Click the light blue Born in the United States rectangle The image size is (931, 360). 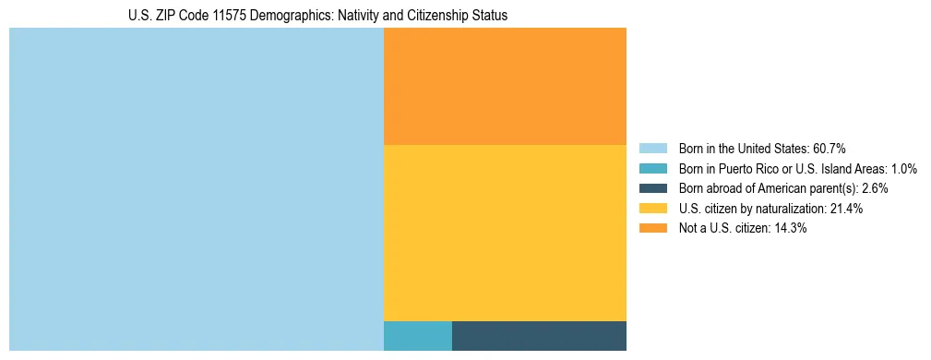tap(196, 189)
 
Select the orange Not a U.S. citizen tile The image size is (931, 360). tap(505, 86)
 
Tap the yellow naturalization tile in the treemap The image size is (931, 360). tap(505, 233)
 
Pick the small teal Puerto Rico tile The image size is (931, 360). tap(417, 336)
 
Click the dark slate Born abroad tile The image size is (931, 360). tap(539, 336)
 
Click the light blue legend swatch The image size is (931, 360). tap(652, 149)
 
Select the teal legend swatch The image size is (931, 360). tap(652, 169)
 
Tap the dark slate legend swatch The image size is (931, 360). tap(652, 188)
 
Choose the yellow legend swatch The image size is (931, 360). tap(652, 209)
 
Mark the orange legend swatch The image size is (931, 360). tap(652, 229)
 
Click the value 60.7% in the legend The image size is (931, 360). tap(829, 149)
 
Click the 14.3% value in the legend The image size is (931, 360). tap(791, 229)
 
